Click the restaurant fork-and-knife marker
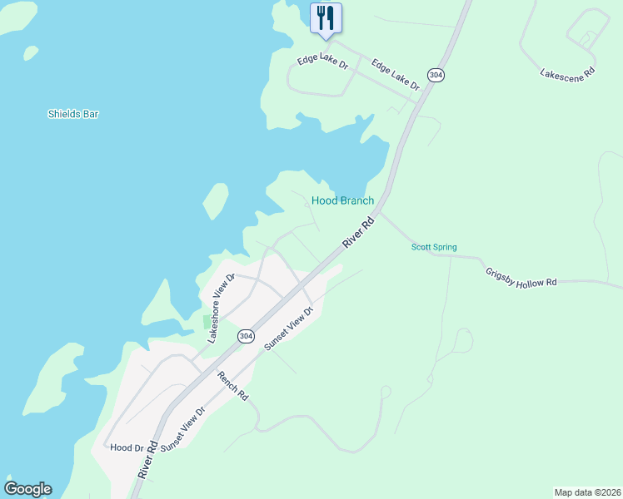coord(326,17)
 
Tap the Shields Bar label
coord(73,114)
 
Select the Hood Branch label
coord(342,200)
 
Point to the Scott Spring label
coord(434,247)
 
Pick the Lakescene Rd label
coord(567,73)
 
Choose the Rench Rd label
coord(232,386)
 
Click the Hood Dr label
coord(127,447)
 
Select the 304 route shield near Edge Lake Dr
coord(436,75)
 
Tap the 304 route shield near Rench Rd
coord(245,336)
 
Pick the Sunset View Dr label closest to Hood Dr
coord(182,430)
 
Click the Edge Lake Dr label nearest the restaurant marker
coord(323,61)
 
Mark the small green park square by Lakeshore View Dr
coord(207,321)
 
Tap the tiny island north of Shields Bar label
coord(31,53)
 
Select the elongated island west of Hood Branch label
coord(215,200)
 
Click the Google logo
coord(27,489)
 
